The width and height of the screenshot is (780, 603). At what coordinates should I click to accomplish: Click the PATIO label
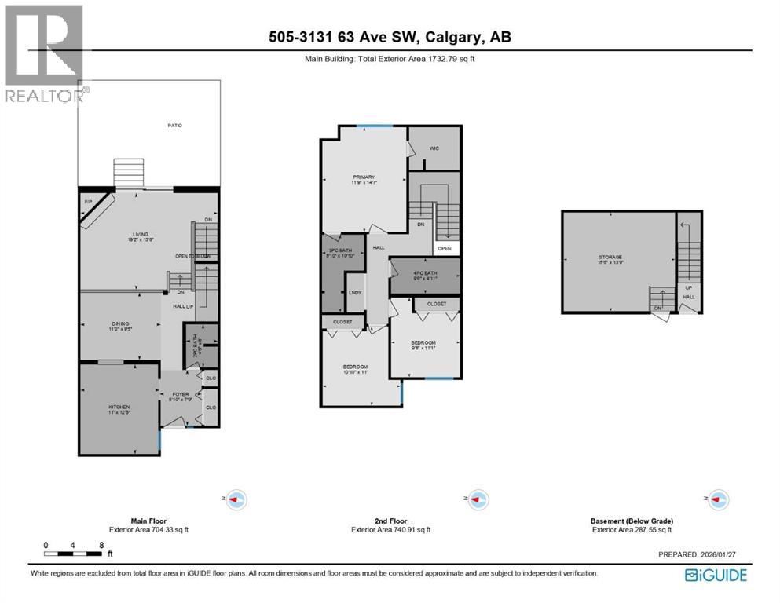coord(174,126)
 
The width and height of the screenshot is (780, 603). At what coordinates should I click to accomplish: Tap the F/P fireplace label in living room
coord(88,203)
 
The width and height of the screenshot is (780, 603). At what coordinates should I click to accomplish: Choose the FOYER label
coord(180,397)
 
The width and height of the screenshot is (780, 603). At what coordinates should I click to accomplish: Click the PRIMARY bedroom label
coord(364,177)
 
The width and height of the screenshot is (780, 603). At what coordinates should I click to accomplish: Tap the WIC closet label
coord(434,148)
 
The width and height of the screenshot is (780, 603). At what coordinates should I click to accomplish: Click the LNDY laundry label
coord(355,293)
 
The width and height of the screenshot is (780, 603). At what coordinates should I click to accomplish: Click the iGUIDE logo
coord(716,576)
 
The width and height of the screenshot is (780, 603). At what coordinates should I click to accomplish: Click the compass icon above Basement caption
coord(717,499)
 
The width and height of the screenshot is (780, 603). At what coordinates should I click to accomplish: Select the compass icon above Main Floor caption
coord(236,499)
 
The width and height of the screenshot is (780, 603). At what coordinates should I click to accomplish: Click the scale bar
coord(73,554)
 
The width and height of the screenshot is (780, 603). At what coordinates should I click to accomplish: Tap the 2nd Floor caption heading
coord(390,521)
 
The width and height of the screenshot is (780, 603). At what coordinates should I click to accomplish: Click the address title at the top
coord(390,37)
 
